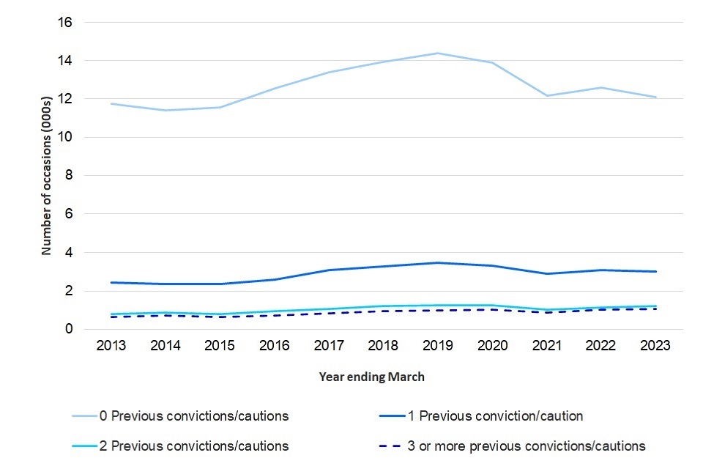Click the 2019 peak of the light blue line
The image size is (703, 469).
(x=437, y=53)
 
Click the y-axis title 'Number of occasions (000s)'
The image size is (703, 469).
(x=46, y=176)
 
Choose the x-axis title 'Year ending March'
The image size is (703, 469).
(x=371, y=377)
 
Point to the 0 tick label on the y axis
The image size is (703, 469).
(x=68, y=329)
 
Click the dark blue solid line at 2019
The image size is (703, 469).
(x=437, y=262)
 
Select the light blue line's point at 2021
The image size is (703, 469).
(x=546, y=96)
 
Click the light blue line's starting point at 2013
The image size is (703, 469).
(x=111, y=103)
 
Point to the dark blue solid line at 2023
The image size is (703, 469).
(x=655, y=271)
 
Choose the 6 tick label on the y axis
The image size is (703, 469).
(x=68, y=214)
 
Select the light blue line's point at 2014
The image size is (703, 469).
(x=165, y=111)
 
